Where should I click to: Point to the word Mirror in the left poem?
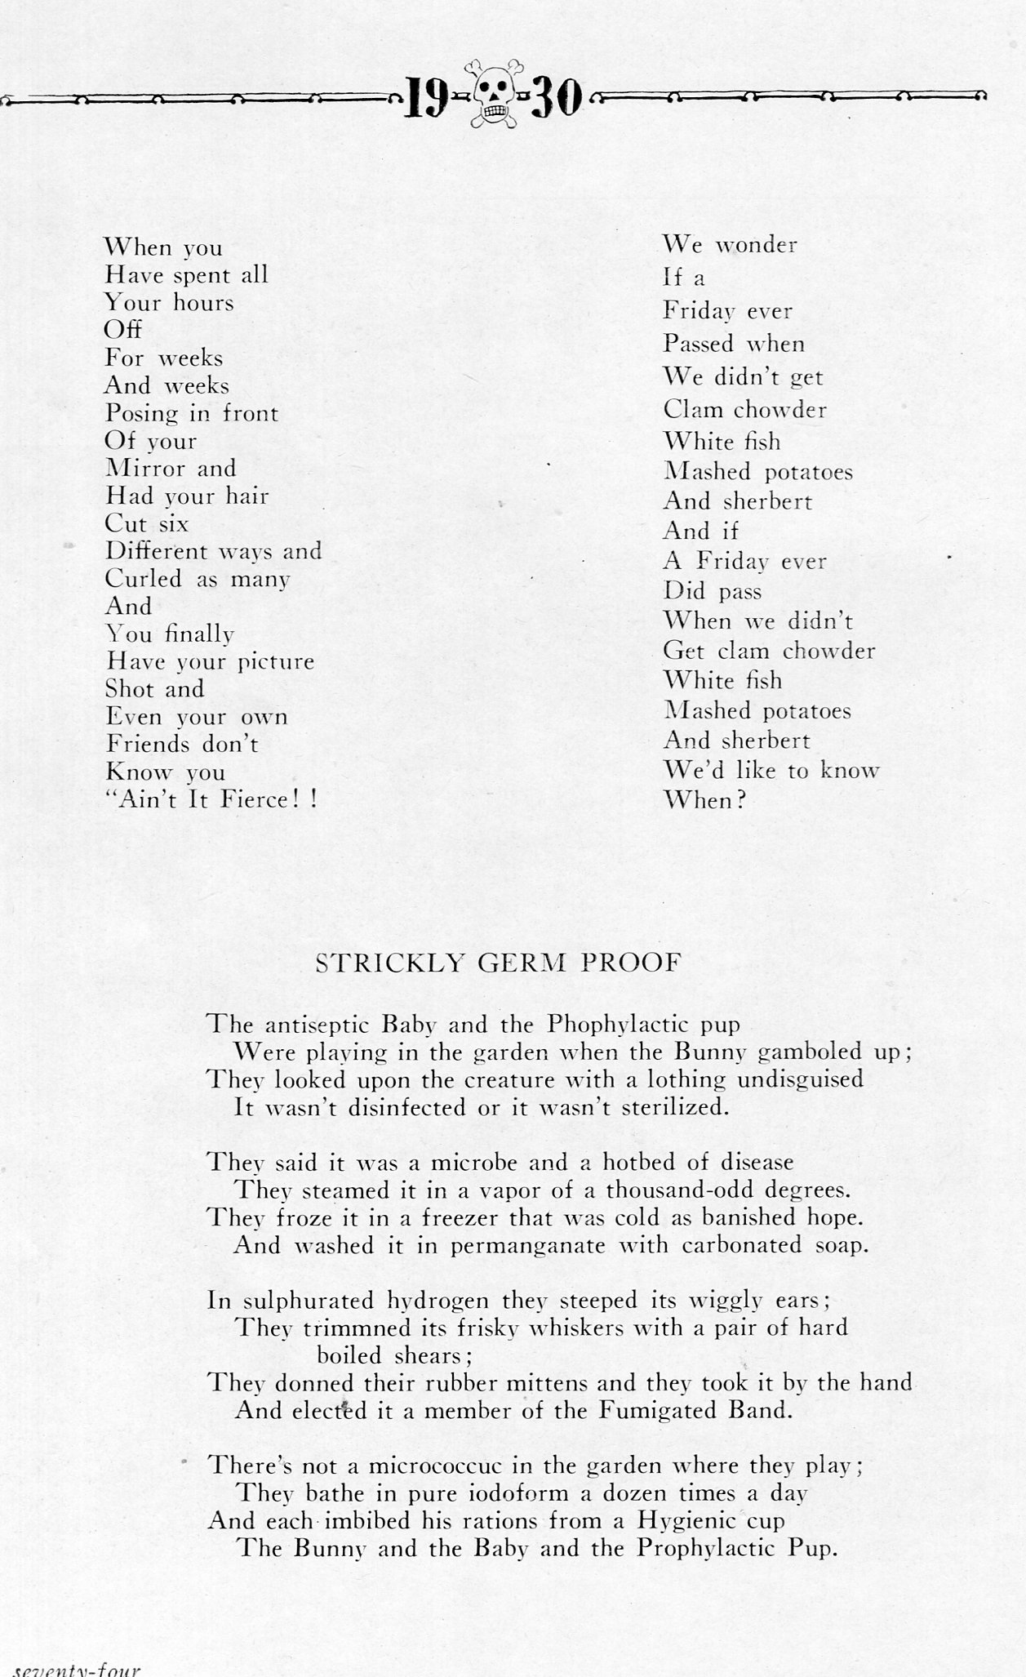136,469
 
